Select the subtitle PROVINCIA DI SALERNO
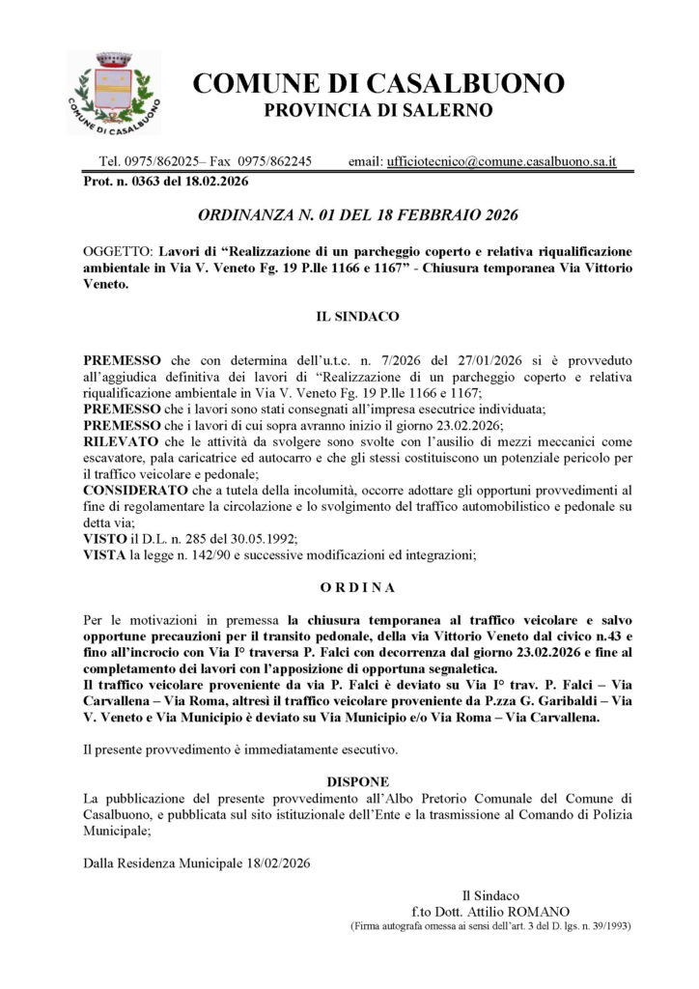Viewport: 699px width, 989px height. tap(378, 110)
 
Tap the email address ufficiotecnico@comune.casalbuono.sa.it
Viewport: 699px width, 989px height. tap(502, 161)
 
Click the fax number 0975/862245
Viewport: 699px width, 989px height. tap(275, 161)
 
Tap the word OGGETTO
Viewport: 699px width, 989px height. tap(118, 251)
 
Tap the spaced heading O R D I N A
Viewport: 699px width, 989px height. tap(358, 586)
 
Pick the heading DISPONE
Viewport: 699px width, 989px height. tap(358, 780)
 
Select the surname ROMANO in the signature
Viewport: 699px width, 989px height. tap(541, 911)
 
